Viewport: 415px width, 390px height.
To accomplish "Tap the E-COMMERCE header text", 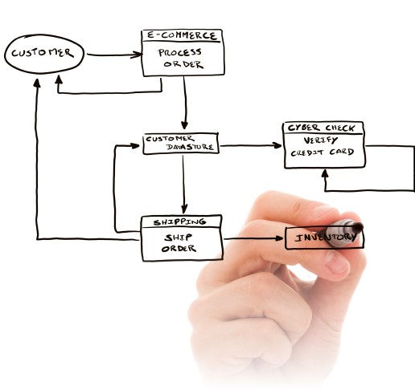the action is (x=182, y=35).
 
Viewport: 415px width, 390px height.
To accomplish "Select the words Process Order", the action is (x=180, y=59).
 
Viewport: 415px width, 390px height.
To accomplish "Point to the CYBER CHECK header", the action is (x=322, y=128).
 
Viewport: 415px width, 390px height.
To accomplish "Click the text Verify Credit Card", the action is (x=323, y=147).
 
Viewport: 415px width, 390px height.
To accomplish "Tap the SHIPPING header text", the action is (x=179, y=221).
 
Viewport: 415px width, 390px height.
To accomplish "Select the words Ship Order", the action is (x=179, y=243).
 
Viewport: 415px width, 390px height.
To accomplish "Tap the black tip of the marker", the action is (x=358, y=227).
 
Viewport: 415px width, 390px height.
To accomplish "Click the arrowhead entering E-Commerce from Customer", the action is (x=136, y=55).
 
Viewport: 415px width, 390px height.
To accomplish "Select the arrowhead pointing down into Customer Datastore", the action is (x=184, y=124).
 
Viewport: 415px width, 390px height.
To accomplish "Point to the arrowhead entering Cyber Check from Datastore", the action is (x=277, y=145).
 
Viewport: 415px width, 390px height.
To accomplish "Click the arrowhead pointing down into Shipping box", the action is (x=184, y=209).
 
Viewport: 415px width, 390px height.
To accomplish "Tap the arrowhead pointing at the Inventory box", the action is (x=279, y=238).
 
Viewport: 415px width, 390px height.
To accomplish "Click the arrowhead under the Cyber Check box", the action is (x=325, y=173).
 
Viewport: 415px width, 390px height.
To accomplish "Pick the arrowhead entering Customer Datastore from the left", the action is (x=135, y=146).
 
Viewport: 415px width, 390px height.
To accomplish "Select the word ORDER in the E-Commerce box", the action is (x=183, y=64).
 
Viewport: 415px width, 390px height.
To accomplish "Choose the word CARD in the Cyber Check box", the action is (x=342, y=152).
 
